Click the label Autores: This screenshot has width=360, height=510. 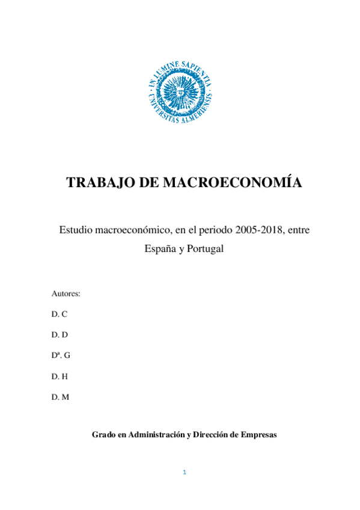tap(66, 293)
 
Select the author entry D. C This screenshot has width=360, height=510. tap(59, 314)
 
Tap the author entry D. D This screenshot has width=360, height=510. tap(59, 334)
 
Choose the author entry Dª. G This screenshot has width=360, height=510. tap(61, 355)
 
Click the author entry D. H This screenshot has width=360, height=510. tap(59, 376)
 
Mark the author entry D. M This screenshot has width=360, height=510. tap(60, 396)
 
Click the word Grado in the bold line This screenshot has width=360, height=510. tap(102, 434)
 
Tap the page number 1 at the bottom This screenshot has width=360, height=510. tap(185, 472)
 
